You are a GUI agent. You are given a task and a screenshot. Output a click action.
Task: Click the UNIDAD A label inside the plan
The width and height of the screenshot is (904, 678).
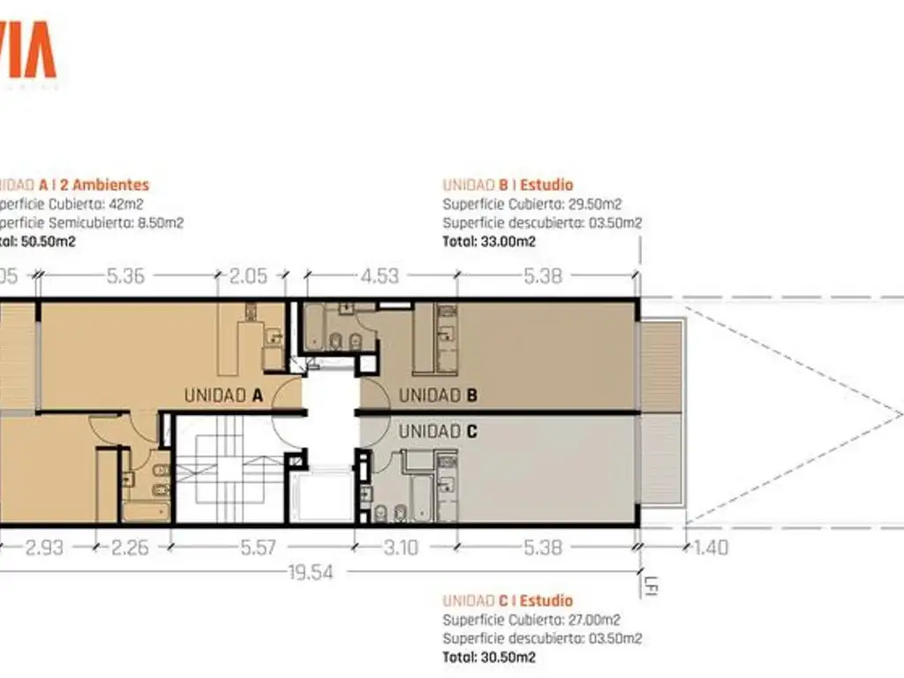pyautogui.click(x=224, y=395)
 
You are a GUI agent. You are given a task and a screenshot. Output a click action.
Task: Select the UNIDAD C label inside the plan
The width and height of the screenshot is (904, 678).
pyautogui.click(x=439, y=432)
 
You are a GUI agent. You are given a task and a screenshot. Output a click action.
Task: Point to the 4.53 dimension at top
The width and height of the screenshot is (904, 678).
pyautogui.click(x=380, y=276)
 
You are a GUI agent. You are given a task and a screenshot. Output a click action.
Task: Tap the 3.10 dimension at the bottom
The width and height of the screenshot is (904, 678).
pyautogui.click(x=400, y=547)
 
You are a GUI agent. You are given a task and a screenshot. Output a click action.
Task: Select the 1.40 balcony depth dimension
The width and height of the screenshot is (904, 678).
pyautogui.click(x=712, y=547)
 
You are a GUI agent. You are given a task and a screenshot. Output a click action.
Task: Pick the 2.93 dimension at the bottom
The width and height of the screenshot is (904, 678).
pyautogui.click(x=43, y=547)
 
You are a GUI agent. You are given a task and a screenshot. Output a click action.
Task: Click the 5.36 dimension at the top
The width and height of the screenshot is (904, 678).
pyautogui.click(x=125, y=276)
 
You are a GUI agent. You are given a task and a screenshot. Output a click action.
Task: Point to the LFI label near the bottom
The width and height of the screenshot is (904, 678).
pyautogui.click(x=651, y=585)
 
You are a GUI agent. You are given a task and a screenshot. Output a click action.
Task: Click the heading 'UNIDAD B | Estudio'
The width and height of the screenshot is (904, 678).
pyautogui.click(x=508, y=185)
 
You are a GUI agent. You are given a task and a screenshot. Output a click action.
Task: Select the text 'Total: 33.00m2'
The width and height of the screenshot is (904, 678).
pyautogui.click(x=489, y=240)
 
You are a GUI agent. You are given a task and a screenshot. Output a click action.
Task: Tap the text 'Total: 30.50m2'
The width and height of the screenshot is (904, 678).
pyautogui.click(x=489, y=657)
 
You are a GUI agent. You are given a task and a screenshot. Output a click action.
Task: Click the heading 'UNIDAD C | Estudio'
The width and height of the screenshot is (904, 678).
pyautogui.click(x=508, y=601)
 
